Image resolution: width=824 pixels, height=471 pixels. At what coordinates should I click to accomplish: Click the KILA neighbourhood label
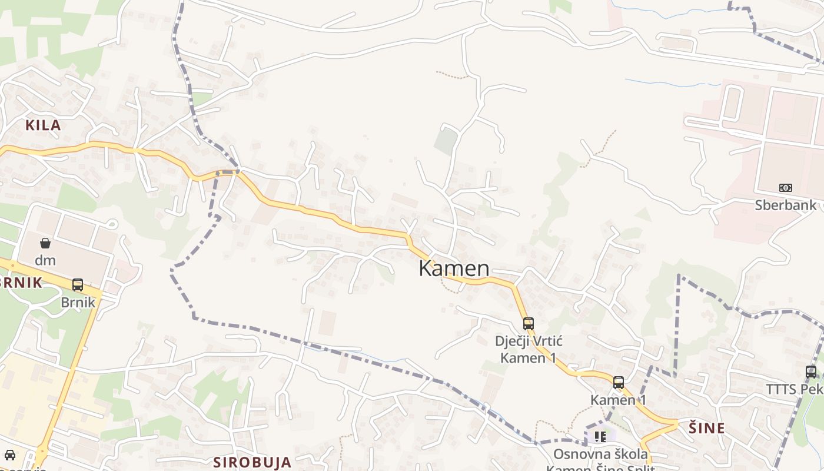coord(43,125)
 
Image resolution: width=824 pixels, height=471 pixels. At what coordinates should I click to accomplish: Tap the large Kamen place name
coord(454,268)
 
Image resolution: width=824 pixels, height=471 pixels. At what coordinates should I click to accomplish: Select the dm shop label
coord(45,260)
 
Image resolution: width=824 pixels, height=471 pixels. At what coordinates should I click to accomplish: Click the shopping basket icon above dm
coord(45,243)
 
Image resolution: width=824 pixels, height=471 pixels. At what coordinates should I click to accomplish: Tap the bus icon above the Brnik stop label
coord(78,285)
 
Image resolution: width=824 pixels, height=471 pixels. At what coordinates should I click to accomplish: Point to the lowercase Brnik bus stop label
coord(78,302)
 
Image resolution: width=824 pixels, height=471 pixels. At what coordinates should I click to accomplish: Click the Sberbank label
coord(786,205)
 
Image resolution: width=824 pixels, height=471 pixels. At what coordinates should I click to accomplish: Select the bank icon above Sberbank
coord(786,188)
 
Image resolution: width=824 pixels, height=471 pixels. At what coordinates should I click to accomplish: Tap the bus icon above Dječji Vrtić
coord(529,323)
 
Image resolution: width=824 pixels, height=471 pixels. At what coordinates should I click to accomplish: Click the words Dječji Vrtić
coord(528,341)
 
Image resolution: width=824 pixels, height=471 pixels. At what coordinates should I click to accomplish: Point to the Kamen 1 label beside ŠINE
coord(619,400)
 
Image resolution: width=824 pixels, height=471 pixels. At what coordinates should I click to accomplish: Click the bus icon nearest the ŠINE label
coord(619,383)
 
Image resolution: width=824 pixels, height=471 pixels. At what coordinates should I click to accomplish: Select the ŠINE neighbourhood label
coord(706,428)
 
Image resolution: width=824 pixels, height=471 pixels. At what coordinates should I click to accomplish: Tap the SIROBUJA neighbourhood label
coord(252,462)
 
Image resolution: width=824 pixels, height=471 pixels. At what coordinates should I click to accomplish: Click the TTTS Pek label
coord(795,389)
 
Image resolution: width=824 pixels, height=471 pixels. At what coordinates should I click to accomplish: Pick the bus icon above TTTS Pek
coord(811,372)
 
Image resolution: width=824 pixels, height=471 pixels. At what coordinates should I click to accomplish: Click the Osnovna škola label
coord(600,454)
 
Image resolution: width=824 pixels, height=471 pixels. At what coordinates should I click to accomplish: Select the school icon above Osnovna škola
coord(600,436)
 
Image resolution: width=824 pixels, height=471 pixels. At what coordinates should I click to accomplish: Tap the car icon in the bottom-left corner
coord(10,455)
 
